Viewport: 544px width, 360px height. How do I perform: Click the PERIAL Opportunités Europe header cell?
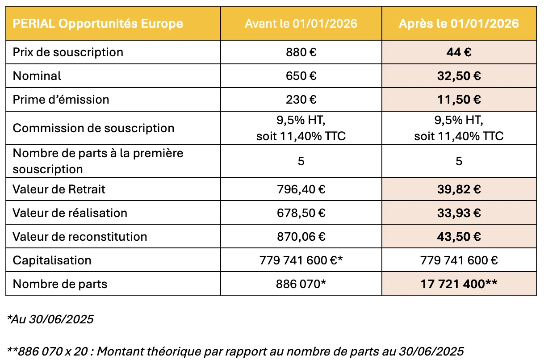(98, 23)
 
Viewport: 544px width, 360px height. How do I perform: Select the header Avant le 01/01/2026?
(301, 23)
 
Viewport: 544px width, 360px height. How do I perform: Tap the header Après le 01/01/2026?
(459, 23)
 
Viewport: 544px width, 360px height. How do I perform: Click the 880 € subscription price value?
(301, 52)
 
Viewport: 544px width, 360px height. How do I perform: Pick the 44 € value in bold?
(459, 52)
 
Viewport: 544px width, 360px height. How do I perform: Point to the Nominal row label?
(37, 76)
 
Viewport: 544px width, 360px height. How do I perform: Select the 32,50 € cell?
(459, 76)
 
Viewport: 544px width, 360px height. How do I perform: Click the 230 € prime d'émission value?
(301, 99)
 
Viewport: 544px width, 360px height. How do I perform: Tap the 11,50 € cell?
(459, 99)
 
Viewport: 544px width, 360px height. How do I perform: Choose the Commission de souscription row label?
(93, 128)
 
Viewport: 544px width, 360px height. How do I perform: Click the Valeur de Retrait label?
(59, 189)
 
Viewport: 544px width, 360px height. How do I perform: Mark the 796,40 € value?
(301, 189)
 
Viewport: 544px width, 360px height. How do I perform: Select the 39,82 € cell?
(459, 189)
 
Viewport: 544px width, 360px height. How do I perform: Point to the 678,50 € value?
(301, 213)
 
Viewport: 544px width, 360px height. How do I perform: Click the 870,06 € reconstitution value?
(301, 236)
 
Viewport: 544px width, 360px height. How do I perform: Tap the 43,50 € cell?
(459, 236)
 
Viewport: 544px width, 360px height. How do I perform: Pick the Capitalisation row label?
(52, 260)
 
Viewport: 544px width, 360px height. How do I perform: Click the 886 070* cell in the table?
(301, 284)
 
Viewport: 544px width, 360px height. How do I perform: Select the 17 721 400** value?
(459, 284)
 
